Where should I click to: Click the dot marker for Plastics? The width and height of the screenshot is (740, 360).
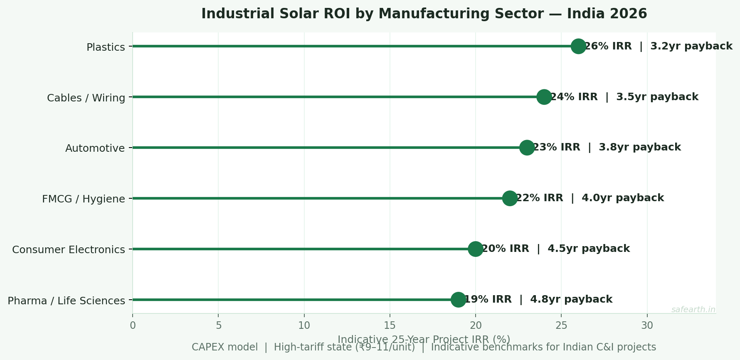click(x=578, y=46)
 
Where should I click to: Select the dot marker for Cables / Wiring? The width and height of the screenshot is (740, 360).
click(x=544, y=97)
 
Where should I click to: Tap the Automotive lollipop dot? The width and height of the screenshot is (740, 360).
click(x=527, y=148)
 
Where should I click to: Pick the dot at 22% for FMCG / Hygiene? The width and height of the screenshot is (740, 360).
click(x=510, y=198)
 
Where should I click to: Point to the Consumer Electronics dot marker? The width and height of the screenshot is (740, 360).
click(x=476, y=249)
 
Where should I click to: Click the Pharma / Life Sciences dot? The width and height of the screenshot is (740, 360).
click(x=458, y=299)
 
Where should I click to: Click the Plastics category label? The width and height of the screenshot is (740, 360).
click(x=106, y=47)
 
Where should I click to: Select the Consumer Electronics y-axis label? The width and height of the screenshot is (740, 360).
click(x=69, y=250)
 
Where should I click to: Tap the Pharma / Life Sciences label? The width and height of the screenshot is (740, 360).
click(x=67, y=301)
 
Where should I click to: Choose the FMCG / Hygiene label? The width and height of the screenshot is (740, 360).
click(x=84, y=199)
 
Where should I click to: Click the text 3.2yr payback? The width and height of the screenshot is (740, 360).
click(x=691, y=46)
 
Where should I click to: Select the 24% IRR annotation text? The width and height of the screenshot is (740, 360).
click(x=574, y=97)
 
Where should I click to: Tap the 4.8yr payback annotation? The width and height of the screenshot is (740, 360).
click(x=571, y=299)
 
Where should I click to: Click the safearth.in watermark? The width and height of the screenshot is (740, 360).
click(x=693, y=310)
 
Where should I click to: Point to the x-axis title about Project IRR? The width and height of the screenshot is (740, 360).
click(x=424, y=339)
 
